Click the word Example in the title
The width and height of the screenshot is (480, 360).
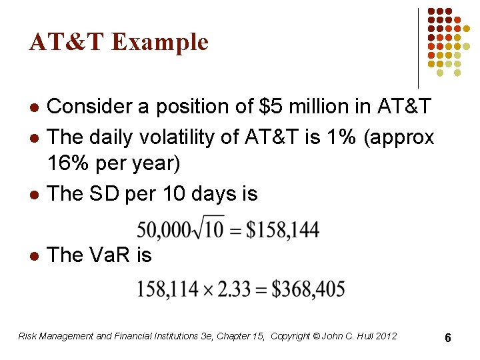(160, 42)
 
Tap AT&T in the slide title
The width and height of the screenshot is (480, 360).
(67, 42)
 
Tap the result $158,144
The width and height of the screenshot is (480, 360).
(283, 230)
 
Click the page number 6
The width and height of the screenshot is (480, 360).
(447, 338)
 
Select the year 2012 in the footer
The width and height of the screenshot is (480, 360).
(386, 336)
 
